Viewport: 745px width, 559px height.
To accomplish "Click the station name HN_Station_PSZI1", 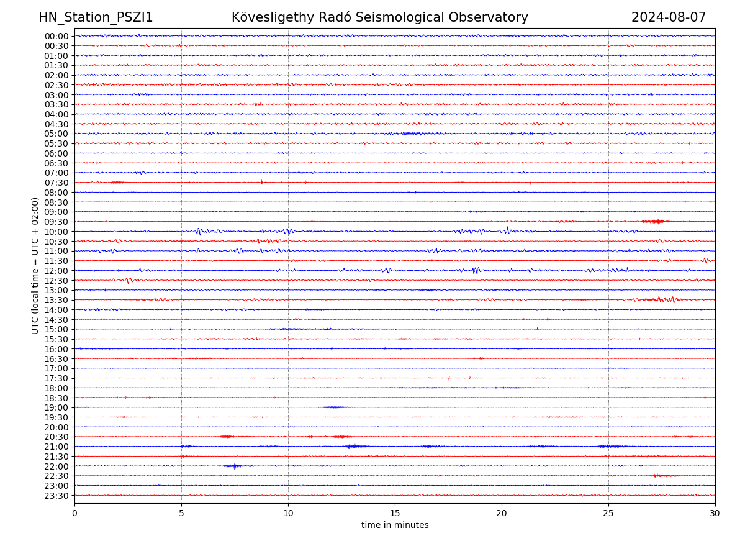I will coord(96,18).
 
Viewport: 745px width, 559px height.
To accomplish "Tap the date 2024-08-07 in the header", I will coord(668,18).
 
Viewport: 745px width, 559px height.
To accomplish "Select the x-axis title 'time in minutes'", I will coord(395,525).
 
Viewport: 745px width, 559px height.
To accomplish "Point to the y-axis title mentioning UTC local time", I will coord(35,266).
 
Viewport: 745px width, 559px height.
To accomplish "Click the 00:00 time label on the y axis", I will coord(56,36).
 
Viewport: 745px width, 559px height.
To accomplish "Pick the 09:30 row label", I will coord(56,222).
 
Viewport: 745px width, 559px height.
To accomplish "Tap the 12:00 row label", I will coord(56,271).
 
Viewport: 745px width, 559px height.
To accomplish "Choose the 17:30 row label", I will coord(56,378).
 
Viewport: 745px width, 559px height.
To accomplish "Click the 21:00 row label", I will coord(56,447).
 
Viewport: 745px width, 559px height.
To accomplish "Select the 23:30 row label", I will coord(56,496).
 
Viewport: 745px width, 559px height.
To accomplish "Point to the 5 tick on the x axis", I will coord(181,513).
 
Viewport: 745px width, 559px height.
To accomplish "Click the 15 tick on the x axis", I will coord(395,513).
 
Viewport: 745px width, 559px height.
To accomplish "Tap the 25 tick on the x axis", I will coord(608,513).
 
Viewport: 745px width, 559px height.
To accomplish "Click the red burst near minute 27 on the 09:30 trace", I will coord(654,222).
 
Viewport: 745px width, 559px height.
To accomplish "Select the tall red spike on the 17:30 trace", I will coord(449,378).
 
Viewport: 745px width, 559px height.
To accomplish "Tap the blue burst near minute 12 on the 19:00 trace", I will coord(333,407).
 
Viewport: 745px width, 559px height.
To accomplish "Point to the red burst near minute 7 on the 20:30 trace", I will coord(226,437).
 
